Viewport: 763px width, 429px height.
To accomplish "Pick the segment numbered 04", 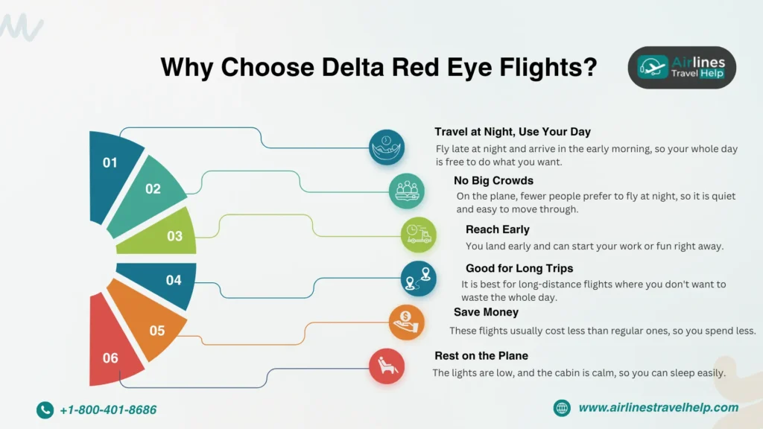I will pos(170,281).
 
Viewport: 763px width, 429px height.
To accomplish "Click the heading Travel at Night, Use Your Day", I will pos(512,132).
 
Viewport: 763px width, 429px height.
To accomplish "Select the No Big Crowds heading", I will pos(493,180).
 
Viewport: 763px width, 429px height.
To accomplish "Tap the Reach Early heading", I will pos(497,229).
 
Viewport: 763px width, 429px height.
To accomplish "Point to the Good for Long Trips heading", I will pos(519,268).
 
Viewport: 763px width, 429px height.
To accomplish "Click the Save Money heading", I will pos(486,312).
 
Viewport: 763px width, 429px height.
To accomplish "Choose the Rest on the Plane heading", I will pos(481,356).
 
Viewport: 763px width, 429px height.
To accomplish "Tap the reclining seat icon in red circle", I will pos(387,366).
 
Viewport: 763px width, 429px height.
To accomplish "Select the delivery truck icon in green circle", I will pos(418,235).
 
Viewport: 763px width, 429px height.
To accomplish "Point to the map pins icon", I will pos(418,279).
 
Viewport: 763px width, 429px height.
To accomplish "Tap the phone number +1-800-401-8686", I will pos(107,410).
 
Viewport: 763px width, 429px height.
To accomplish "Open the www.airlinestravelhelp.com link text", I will pos(658,407).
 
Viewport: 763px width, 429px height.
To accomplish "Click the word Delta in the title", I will pos(356,68).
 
